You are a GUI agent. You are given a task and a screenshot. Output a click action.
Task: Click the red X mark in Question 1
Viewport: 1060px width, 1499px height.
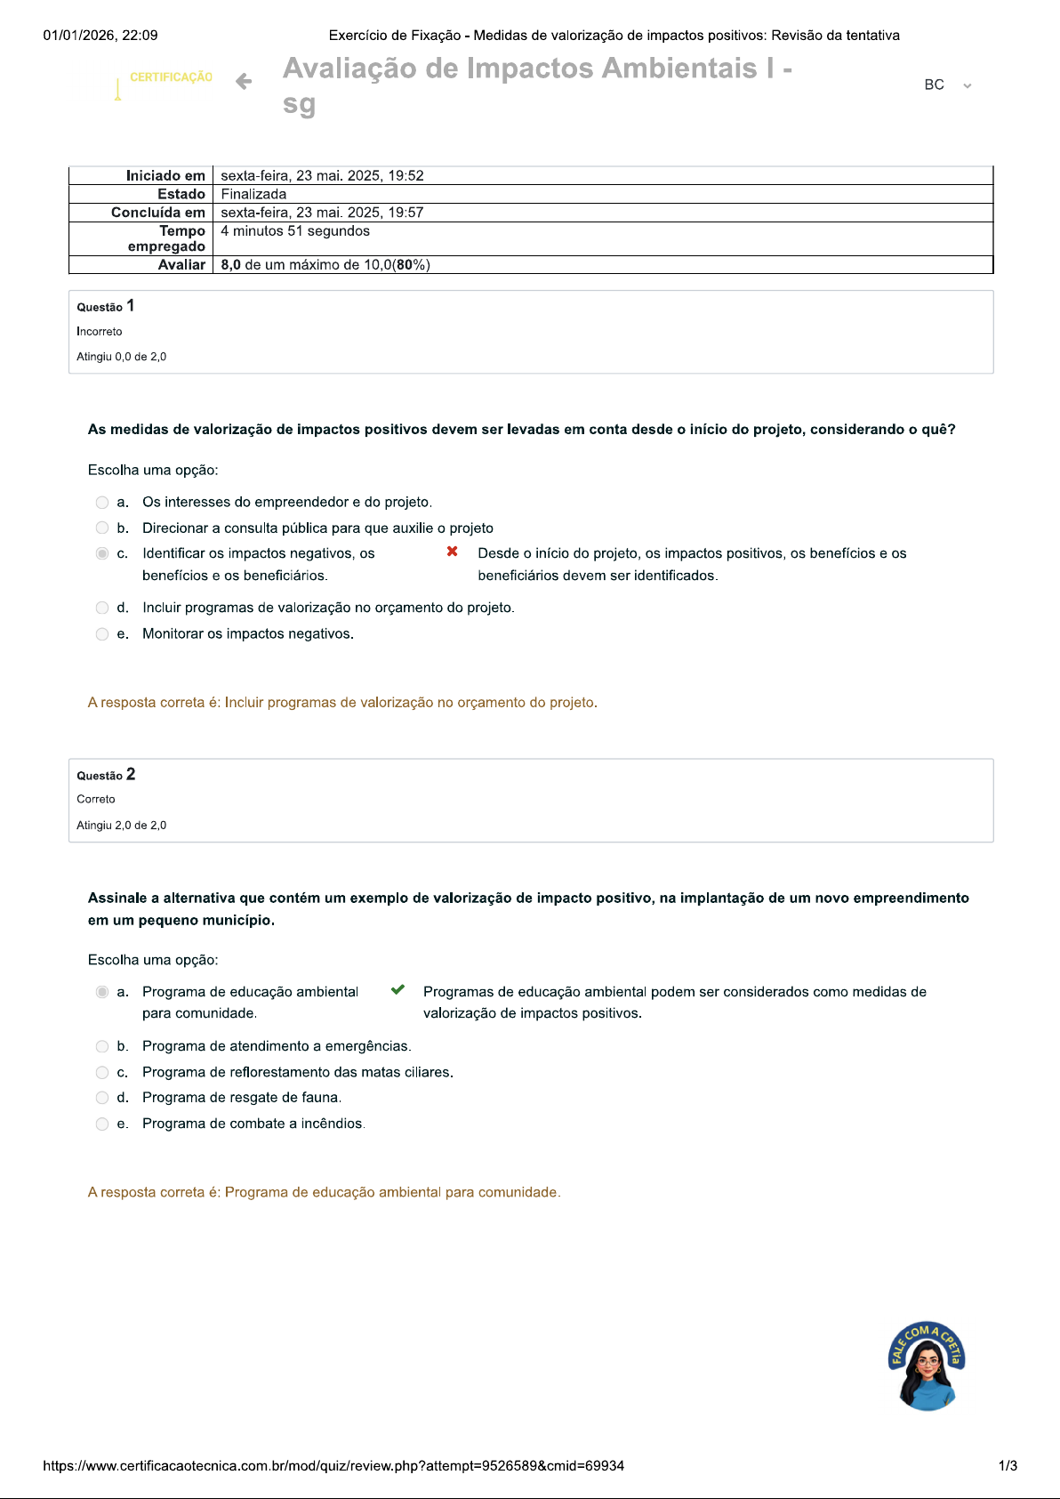coord(453,552)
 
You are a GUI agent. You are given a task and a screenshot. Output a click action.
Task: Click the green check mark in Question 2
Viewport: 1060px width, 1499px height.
coord(398,989)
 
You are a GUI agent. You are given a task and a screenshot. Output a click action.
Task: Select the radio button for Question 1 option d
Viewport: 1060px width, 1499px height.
coord(102,608)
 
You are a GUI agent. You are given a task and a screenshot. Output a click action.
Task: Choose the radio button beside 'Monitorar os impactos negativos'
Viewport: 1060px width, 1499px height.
coord(102,634)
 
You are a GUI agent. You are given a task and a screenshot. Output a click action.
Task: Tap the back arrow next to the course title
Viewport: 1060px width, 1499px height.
coord(244,82)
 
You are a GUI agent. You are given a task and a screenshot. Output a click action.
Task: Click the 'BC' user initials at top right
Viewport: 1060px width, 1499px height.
coord(934,85)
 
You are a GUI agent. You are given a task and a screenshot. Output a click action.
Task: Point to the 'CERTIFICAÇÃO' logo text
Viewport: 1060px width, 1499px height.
coord(171,77)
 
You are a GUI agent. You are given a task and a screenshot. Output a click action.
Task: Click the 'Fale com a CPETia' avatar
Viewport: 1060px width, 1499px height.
coord(927,1366)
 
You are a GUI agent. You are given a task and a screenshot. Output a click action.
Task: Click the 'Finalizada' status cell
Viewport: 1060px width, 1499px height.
coord(253,194)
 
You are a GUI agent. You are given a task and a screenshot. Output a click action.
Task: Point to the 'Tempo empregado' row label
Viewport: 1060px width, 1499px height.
coord(166,238)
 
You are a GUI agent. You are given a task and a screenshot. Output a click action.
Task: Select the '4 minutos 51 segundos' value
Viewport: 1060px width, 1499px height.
coord(295,230)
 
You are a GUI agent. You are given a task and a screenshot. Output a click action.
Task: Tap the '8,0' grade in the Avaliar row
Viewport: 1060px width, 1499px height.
coord(230,264)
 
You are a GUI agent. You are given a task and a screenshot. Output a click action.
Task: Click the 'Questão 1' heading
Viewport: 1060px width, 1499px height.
coord(106,306)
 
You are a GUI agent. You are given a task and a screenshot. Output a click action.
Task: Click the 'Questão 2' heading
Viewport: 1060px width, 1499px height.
coord(106,775)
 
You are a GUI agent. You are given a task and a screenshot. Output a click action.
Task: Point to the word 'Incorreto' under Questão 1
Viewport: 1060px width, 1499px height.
coord(100,332)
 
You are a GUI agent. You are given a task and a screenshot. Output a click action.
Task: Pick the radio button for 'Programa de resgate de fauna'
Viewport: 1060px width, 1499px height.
coord(102,1098)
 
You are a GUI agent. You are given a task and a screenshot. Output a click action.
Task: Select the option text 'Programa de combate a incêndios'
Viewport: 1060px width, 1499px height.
coord(253,1124)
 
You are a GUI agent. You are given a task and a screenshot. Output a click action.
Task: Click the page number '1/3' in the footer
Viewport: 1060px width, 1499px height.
coord(1008,1465)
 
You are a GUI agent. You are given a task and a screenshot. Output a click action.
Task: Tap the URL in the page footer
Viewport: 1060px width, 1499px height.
coord(333,1465)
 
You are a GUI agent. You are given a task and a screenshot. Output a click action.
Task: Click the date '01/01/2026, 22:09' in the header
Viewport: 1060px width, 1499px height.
coord(100,36)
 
